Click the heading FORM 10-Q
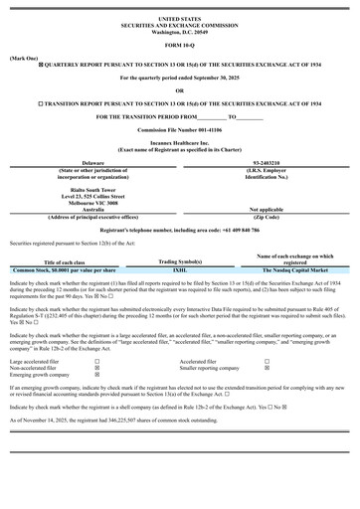[179, 47]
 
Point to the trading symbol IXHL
[179, 269]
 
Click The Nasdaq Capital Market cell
[295, 269]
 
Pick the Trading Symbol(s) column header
[179, 260]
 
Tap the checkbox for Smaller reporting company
[267, 368]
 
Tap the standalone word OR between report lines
[179, 89]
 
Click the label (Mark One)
[23, 58]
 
